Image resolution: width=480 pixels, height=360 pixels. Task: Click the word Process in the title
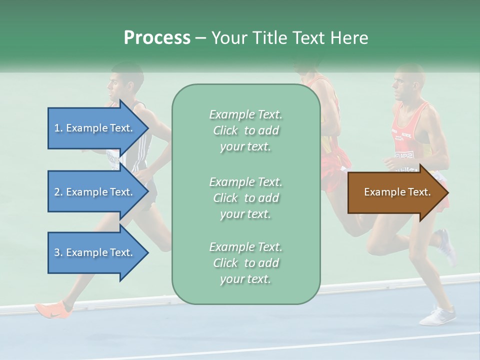[x=157, y=38]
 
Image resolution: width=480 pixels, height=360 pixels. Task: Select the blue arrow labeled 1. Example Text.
[x=93, y=128]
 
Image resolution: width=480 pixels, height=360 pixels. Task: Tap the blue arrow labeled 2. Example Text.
[x=93, y=192]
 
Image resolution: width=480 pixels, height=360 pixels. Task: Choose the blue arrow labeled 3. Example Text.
[x=93, y=252]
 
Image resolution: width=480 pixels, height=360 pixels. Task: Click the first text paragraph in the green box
[x=245, y=130]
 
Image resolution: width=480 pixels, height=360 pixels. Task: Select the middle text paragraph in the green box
[x=245, y=198]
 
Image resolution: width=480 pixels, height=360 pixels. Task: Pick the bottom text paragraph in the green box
[x=245, y=263]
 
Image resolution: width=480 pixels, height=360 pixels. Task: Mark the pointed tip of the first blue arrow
[x=148, y=128]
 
